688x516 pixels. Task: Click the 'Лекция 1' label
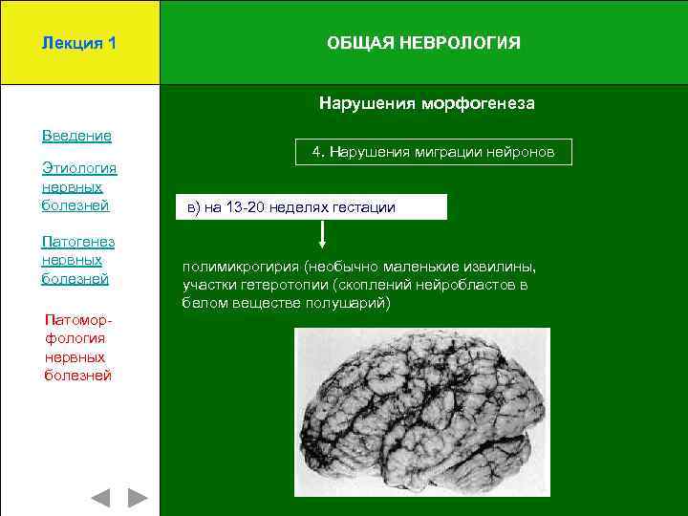coord(79,44)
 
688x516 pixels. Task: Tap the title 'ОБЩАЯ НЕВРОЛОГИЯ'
coord(423,44)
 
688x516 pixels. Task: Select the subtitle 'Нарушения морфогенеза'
coord(427,103)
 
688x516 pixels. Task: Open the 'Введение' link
coord(76,136)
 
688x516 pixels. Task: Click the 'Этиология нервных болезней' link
coord(78,186)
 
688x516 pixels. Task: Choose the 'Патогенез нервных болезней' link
coord(78,259)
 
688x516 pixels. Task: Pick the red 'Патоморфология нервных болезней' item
coord(78,347)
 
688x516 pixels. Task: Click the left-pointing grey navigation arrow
coord(100,497)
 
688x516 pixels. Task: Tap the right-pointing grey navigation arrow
coord(139,497)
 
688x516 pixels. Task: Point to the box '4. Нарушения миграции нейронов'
coord(432,152)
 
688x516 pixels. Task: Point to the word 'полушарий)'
coord(353,303)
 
